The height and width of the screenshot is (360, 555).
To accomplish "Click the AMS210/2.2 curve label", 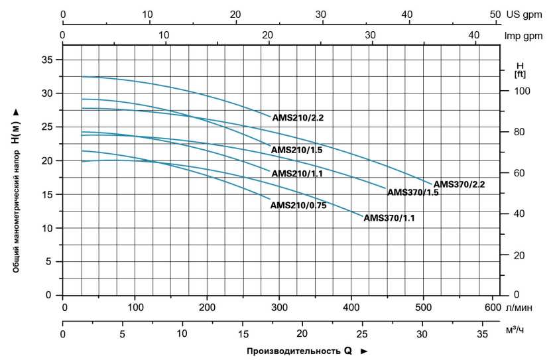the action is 298,117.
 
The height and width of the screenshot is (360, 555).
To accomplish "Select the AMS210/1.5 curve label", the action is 296,150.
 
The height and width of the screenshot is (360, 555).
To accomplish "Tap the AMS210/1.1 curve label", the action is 297,174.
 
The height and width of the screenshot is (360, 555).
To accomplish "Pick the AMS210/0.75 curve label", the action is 298,206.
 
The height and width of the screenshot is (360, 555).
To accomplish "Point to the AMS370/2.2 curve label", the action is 459,184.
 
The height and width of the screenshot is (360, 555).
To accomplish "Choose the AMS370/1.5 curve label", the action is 412,192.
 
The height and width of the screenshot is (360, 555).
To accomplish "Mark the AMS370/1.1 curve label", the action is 389,217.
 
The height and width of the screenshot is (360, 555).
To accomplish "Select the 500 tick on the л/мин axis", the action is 423,308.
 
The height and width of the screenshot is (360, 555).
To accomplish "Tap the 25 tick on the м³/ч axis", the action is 362,333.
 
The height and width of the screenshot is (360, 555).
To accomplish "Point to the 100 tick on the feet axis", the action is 522,91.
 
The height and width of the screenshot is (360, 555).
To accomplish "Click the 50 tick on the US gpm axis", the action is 495,15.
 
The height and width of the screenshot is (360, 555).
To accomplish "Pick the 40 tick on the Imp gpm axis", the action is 473,35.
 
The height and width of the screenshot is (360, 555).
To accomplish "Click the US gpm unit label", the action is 524,15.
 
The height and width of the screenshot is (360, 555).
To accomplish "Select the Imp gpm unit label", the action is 523,36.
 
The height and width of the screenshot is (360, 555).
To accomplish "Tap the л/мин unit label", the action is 519,308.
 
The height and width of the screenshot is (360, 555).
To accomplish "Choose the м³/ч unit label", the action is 515,330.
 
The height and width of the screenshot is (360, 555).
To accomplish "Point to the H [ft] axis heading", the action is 520,70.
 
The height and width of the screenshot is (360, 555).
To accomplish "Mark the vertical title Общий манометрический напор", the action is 16,211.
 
